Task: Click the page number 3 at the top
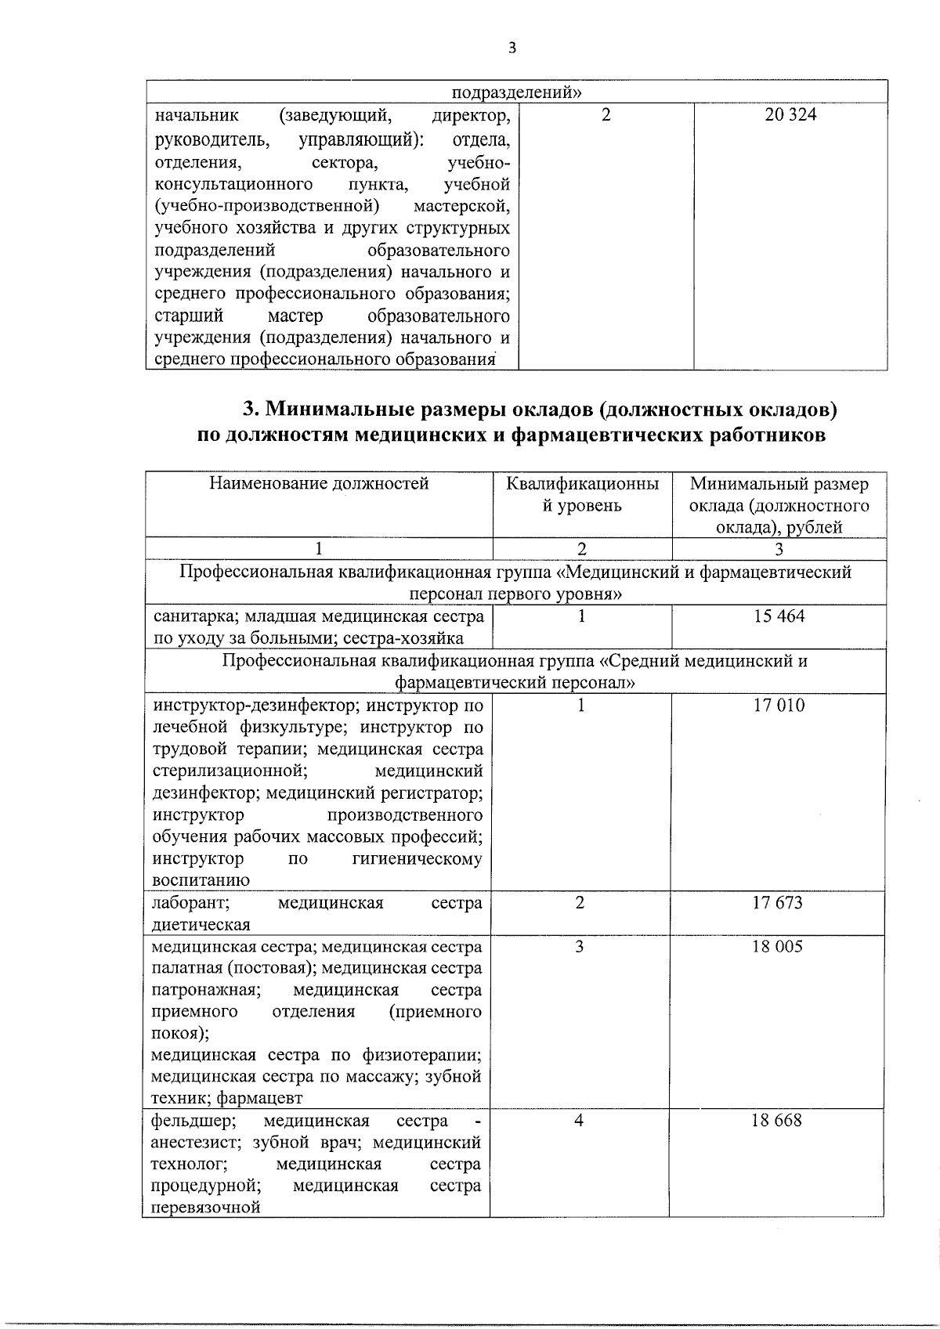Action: [x=512, y=49]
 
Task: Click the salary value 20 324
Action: [x=790, y=115]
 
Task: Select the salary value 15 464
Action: [x=779, y=616]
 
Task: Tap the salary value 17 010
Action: [x=779, y=706]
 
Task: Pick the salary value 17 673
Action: [x=777, y=903]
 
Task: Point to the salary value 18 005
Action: [x=777, y=947]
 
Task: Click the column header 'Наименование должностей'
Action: [x=319, y=484]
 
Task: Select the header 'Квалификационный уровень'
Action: [x=582, y=494]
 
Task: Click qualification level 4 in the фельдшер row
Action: [x=579, y=1121]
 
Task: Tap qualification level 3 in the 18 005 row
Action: [x=580, y=947]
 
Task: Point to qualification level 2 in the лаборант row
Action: [x=580, y=903]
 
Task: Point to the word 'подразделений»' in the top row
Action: [x=518, y=92]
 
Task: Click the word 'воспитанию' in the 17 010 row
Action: [x=201, y=880]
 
